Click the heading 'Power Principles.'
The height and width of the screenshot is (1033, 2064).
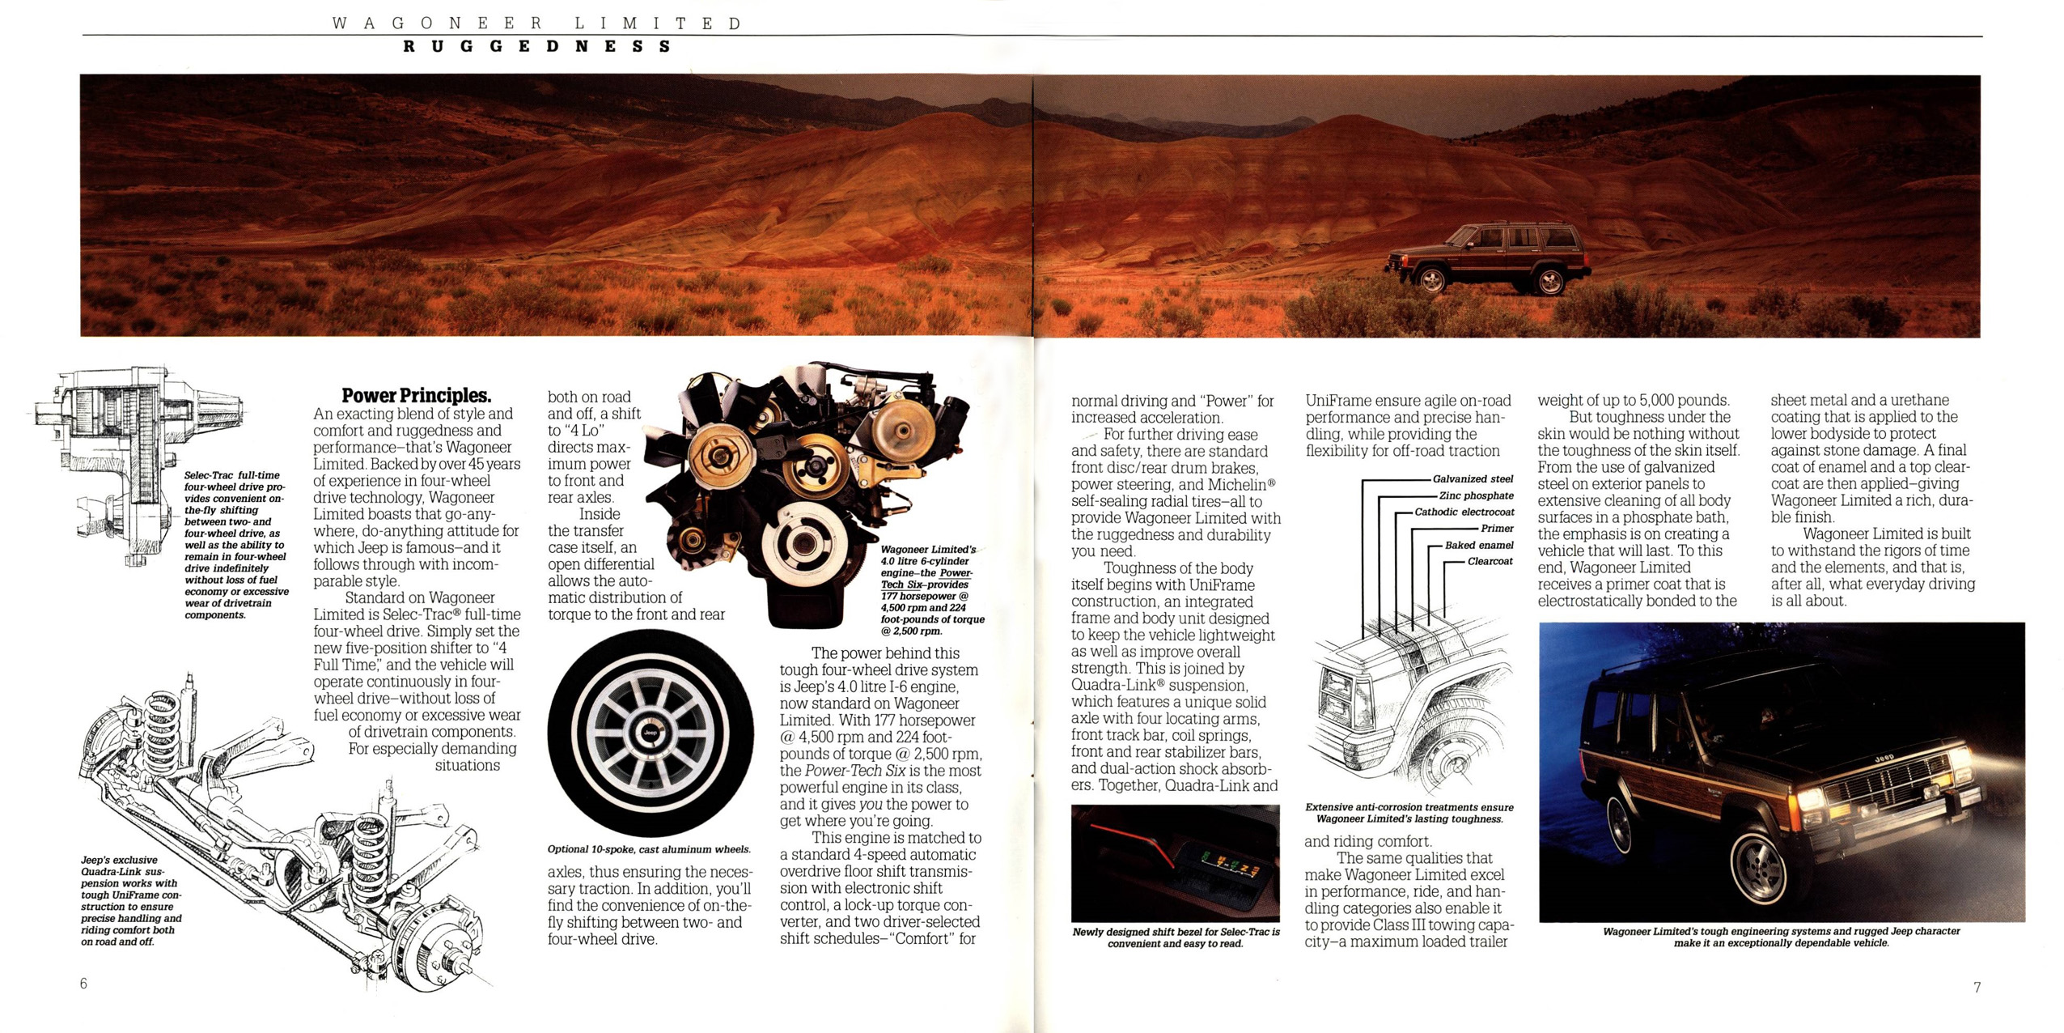click(x=416, y=396)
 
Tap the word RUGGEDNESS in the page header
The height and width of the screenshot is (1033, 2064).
click(x=537, y=46)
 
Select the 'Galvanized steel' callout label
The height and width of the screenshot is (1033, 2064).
click(x=1473, y=479)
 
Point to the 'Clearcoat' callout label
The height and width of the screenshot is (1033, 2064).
click(x=1490, y=561)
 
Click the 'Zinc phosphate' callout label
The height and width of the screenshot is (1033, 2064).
click(x=1476, y=495)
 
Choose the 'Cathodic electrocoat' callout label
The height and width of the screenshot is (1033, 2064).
click(x=1464, y=512)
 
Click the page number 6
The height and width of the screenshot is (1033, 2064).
click(x=83, y=984)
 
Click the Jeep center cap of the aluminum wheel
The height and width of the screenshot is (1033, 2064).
click(x=650, y=733)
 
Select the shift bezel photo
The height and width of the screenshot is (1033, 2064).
click(x=1175, y=863)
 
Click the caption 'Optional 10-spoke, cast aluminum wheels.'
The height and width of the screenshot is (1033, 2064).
click(x=649, y=849)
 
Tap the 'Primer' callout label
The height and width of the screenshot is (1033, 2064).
click(x=1497, y=528)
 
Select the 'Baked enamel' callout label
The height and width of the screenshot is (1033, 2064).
click(x=1479, y=545)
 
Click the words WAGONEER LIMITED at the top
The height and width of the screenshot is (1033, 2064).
click(x=536, y=23)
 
